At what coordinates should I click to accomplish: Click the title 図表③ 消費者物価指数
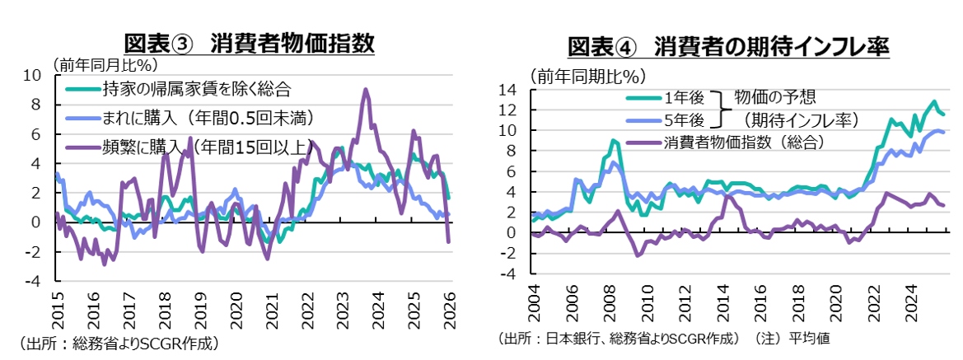pyautogui.click(x=249, y=43)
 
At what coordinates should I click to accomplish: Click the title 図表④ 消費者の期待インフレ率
pyautogui.click(x=728, y=46)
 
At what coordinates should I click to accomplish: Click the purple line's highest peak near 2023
pyautogui.click(x=366, y=90)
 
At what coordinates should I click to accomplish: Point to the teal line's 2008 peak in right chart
pyautogui.click(x=613, y=141)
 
